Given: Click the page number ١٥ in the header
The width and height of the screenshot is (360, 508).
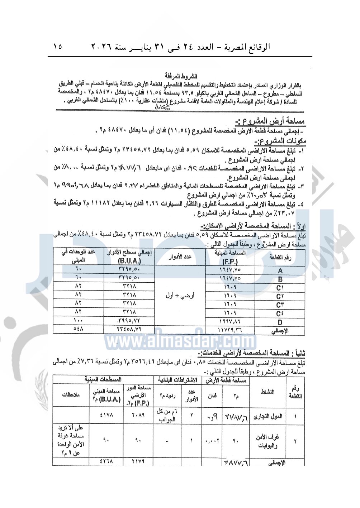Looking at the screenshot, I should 57,47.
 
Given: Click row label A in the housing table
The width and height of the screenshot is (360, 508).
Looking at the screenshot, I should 280,271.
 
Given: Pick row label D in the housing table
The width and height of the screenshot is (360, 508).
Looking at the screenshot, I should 280,322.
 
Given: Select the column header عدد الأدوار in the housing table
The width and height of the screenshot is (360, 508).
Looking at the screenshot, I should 180,257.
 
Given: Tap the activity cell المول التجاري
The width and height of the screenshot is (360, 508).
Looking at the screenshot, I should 268,416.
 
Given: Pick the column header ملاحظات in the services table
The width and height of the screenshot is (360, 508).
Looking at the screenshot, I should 71,395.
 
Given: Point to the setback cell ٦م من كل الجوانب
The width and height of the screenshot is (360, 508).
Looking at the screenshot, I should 167,416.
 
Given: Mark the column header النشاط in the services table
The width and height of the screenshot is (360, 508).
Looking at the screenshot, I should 267,392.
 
